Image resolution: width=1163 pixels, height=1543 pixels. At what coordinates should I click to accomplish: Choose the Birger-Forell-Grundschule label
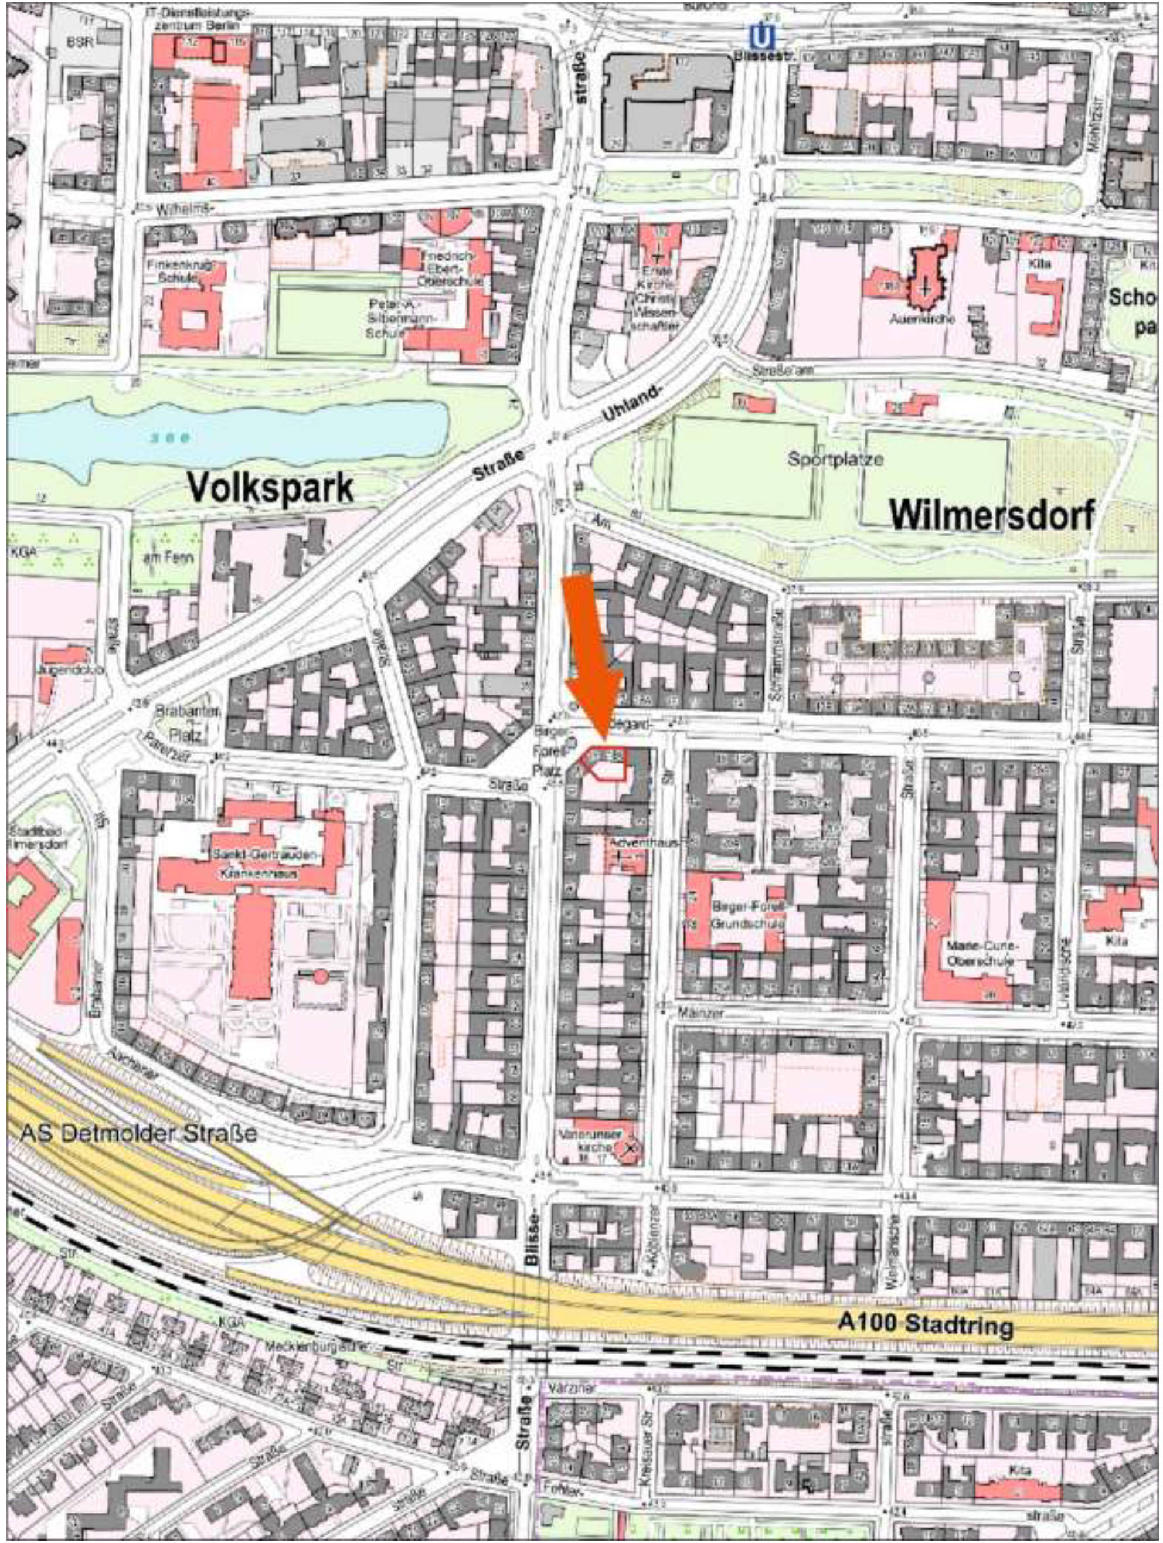(748, 915)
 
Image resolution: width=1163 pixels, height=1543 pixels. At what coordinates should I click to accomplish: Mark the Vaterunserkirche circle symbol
(631, 1146)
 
